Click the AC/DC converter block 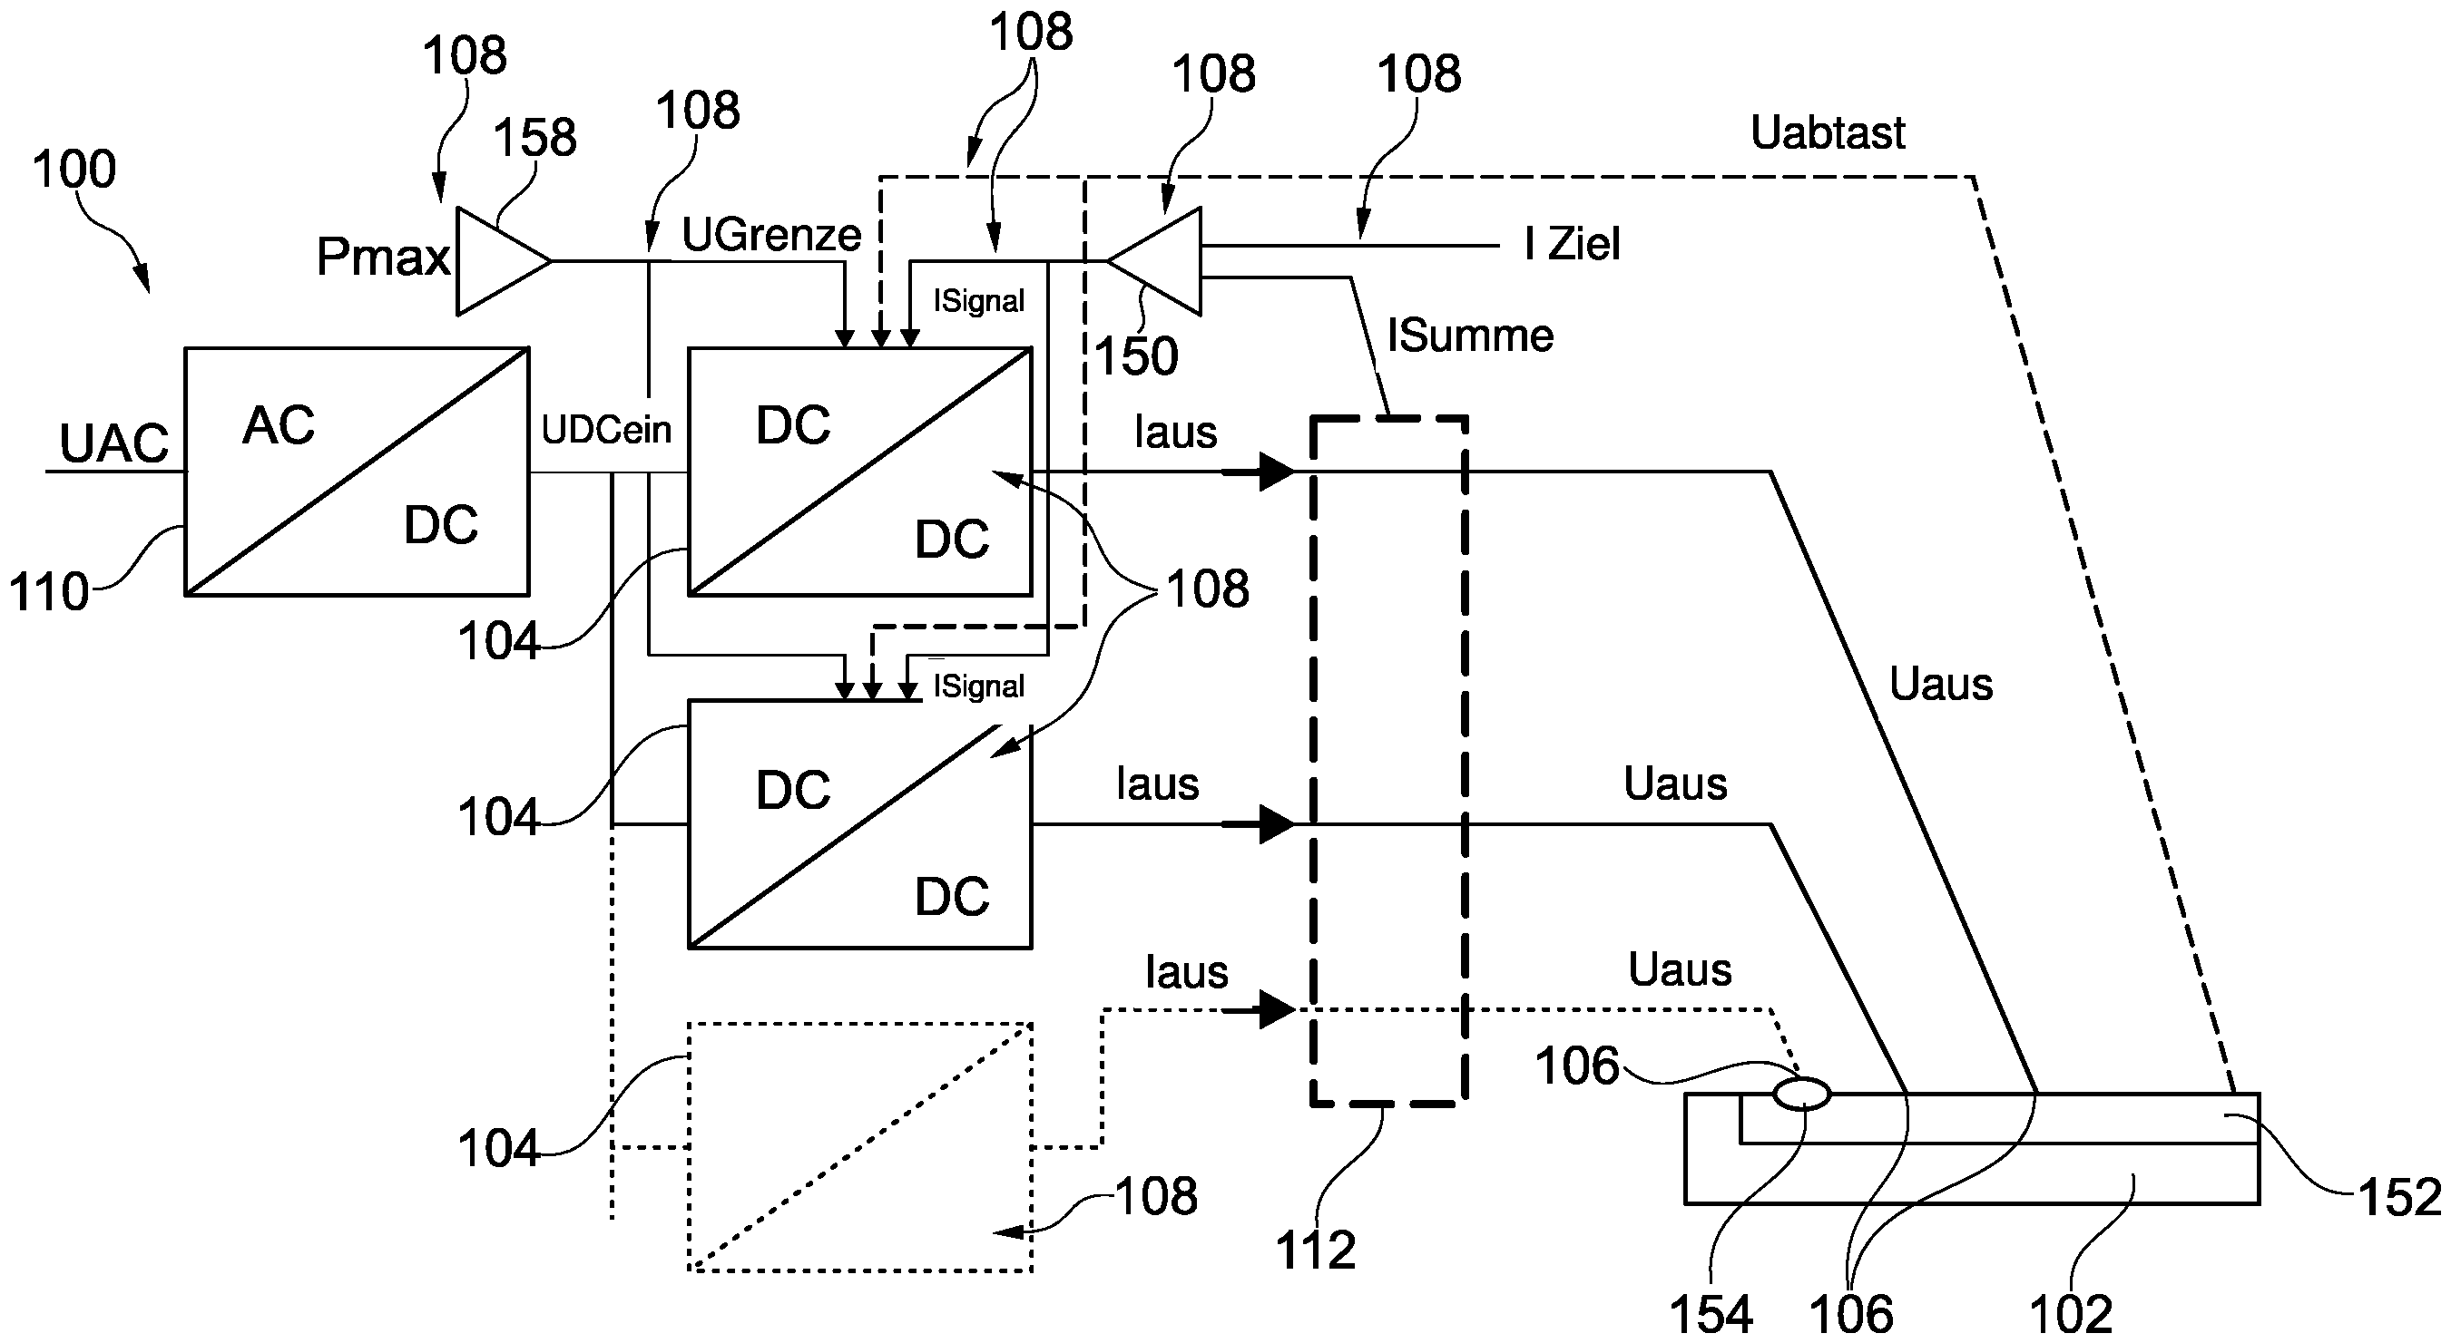[356, 472]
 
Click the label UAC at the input [113, 443]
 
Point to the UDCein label [606, 430]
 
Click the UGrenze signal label [770, 234]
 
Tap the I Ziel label [1572, 245]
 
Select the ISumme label [1470, 336]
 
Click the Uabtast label [1827, 133]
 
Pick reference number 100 [74, 170]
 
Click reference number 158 [534, 138]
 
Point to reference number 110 [48, 591]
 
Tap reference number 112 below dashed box [1315, 1250]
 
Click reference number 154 [1711, 1315]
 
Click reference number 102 [2071, 1315]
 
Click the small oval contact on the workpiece [1801, 1094]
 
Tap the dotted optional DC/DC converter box [859, 1147]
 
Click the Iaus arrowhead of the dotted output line [1275, 1009]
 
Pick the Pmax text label [383, 257]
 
